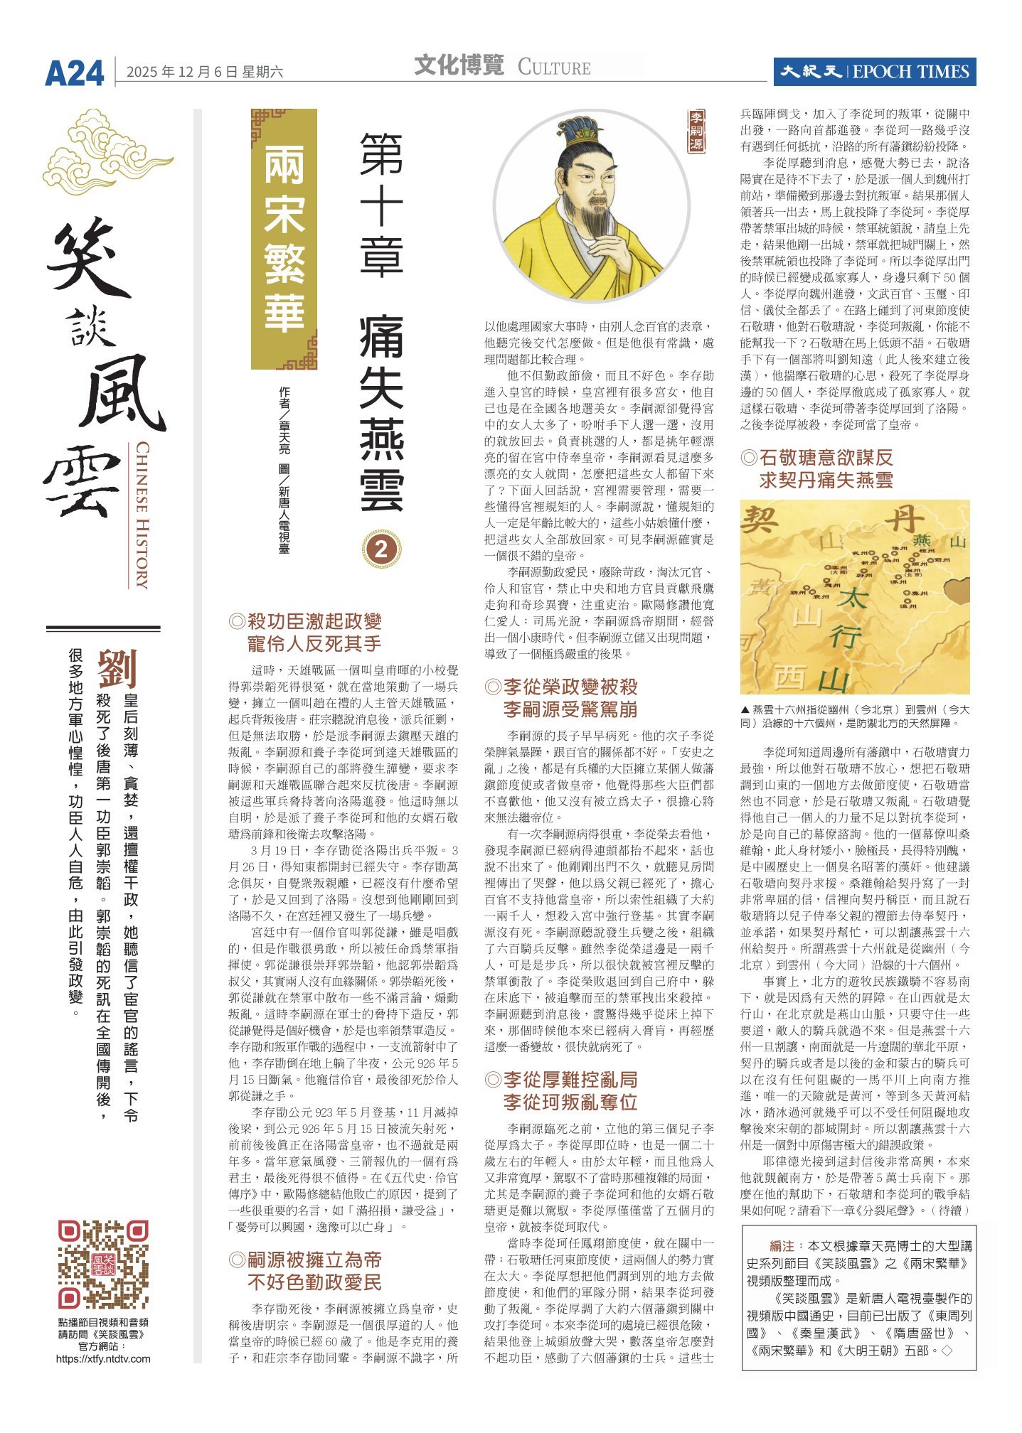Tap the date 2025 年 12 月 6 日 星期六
click(205, 72)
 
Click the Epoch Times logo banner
click(874, 72)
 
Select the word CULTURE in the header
click(554, 68)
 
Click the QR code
click(104, 1265)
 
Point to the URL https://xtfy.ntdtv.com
click(104, 1358)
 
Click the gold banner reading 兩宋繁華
click(284, 239)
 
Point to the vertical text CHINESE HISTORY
click(142, 515)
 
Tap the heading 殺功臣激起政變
click(314, 622)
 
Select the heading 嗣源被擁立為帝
click(314, 1260)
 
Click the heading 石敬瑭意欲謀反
click(826, 458)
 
